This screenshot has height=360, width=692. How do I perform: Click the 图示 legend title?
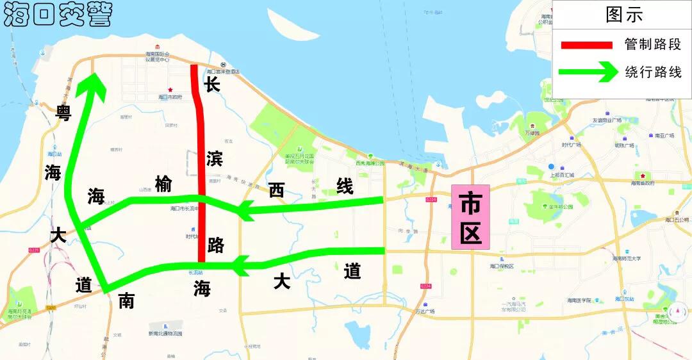[x=623, y=14]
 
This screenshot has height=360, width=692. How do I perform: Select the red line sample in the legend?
[x=586, y=45]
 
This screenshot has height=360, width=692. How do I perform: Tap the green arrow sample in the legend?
[x=586, y=72]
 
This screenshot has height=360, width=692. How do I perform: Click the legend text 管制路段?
[x=653, y=45]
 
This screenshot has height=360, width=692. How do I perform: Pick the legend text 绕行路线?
[x=653, y=72]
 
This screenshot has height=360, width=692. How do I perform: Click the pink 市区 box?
[x=470, y=217]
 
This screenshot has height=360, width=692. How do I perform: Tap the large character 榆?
[x=163, y=184]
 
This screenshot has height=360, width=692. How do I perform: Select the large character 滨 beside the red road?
[x=215, y=158]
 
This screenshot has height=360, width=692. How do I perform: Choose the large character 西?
[x=276, y=190]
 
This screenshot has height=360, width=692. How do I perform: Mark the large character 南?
[x=126, y=300]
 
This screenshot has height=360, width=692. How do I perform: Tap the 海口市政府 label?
[x=170, y=97]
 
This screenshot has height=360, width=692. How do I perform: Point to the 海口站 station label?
[x=54, y=154]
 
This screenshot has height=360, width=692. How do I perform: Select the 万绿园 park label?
[x=532, y=133]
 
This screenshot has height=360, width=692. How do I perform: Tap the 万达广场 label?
[x=424, y=311]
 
